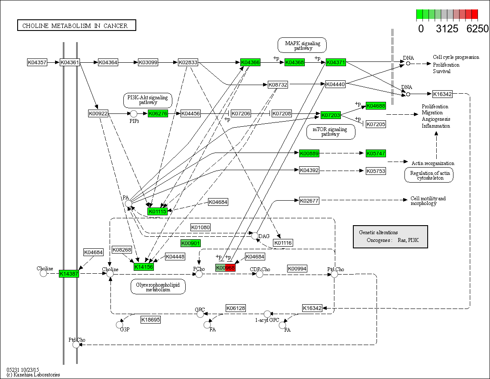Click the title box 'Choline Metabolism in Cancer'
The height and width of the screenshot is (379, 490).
pyautogui.click(x=76, y=26)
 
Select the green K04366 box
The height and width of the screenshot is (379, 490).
pyautogui.click(x=250, y=63)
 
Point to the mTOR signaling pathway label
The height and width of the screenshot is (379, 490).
pyautogui.click(x=331, y=131)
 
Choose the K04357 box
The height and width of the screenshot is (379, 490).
pyautogui.click(x=37, y=63)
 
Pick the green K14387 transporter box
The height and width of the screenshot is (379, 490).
pyautogui.click(x=69, y=274)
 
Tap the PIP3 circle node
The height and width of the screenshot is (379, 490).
pyautogui.click(x=134, y=114)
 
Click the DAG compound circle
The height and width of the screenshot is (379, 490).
pyautogui.click(x=255, y=236)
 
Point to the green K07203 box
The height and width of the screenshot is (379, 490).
pyautogui.click(x=331, y=115)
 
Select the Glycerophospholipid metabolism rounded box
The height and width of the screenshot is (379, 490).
pyautogui.click(x=158, y=287)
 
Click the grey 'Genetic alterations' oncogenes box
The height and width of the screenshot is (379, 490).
pyautogui.click(x=390, y=236)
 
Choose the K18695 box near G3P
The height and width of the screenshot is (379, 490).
pyautogui.click(x=150, y=320)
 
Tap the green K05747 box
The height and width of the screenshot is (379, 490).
pyautogui.click(x=376, y=153)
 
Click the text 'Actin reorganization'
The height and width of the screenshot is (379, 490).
pyautogui.click(x=432, y=163)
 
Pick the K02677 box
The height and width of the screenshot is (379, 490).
pyautogui.click(x=309, y=201)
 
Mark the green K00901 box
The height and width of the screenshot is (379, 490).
pyautogui.click(x=190, y=244)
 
